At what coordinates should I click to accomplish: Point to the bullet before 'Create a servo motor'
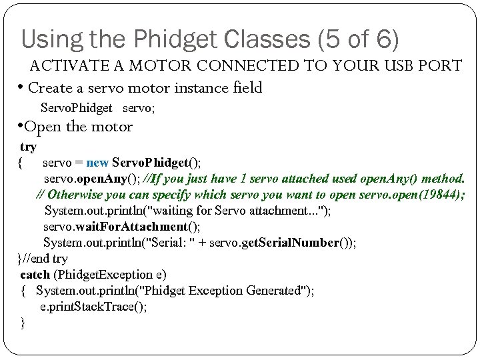pyautogui.click(x=22, y=87)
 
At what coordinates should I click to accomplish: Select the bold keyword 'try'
pyautogui.click(x=29, y=147)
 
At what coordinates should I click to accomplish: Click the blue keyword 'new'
pyautogui.click(x=97, y=163)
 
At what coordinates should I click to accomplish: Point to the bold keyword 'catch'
pyautogui.click(x=35, y=275)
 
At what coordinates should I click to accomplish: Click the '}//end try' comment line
pyautogui.click(x=43, y=259)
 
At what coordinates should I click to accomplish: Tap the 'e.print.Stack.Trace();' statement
pyautogui.click(x=93, y=307)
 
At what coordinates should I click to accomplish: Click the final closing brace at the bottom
pyautogui.click(x=23, y=323)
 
